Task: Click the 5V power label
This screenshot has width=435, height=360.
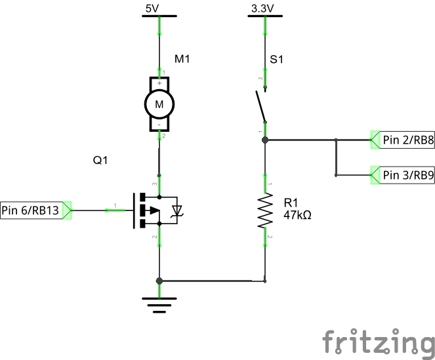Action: (152, 9)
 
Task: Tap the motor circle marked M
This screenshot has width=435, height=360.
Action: (159, 103)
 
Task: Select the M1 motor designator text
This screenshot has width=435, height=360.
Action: (182, 60)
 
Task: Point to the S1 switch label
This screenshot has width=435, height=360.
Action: (277, 60)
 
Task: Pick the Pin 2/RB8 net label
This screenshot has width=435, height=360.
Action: (407, 140)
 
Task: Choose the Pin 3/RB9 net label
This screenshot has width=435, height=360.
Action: (407, 175)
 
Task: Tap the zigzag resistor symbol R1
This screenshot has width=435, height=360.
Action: (266, 210)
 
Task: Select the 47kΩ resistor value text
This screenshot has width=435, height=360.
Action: (297, 214)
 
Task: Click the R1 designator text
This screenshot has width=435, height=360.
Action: (291, 203)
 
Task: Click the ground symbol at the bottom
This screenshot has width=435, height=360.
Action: (159, 305)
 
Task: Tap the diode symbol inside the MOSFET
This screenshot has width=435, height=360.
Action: (176, 210)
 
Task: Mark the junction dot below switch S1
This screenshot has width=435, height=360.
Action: (265, 140)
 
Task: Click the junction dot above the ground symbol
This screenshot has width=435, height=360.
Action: (159, 281)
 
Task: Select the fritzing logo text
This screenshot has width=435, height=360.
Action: (378, 342)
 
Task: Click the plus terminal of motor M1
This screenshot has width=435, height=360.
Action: (159, 83)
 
